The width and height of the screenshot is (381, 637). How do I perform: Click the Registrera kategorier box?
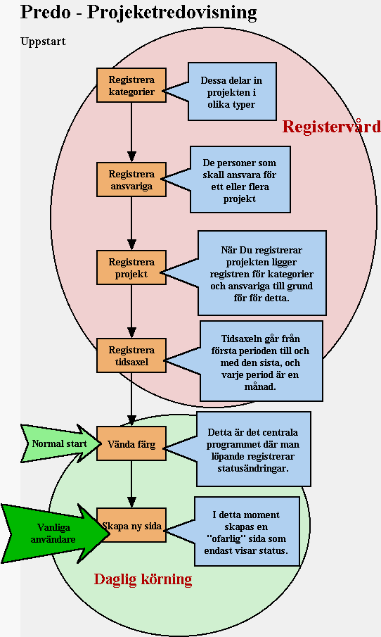[131, 85]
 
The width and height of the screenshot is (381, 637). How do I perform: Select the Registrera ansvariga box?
[131, 179]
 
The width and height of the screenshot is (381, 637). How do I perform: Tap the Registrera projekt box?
[131, 267]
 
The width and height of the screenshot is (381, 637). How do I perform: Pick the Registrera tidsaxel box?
[131, 355]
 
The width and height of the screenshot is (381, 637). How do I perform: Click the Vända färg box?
[131, 443]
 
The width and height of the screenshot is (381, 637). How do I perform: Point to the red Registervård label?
[332, 127]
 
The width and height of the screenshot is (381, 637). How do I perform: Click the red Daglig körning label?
[143, 579]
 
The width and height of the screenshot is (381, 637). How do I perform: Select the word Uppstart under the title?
[43, 42]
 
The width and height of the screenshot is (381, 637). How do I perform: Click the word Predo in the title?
[44, 12]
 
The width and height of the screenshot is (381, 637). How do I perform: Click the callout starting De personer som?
[240, 179]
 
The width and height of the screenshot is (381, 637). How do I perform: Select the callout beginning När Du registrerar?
[261, 273]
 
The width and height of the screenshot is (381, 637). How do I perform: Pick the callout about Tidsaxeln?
[261, 361]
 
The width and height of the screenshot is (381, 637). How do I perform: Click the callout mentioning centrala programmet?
[252, 449]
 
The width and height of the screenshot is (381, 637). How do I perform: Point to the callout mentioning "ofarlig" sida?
[246, 532]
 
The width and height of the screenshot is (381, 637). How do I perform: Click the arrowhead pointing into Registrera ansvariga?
[131, 156]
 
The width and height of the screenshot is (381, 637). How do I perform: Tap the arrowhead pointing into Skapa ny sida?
[131, 502]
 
